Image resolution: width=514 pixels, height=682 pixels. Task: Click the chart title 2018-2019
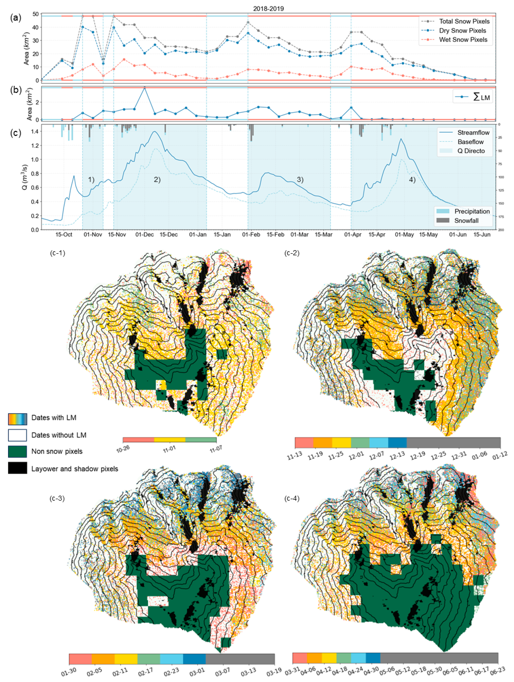click(268, 9)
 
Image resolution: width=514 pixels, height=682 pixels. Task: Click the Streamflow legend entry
click(473, 133)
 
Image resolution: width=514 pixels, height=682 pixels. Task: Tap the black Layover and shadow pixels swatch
click(17, 469)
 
